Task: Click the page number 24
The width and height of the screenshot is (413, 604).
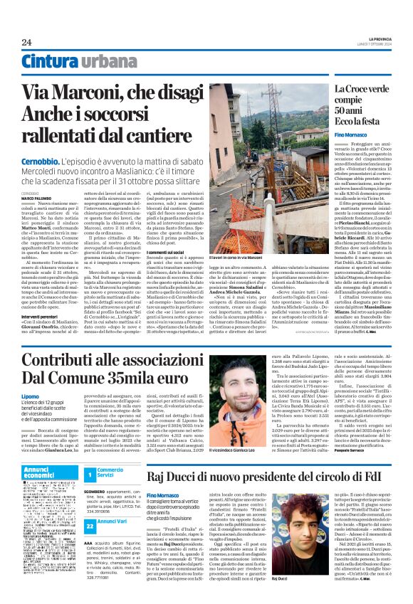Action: (26, 42)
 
